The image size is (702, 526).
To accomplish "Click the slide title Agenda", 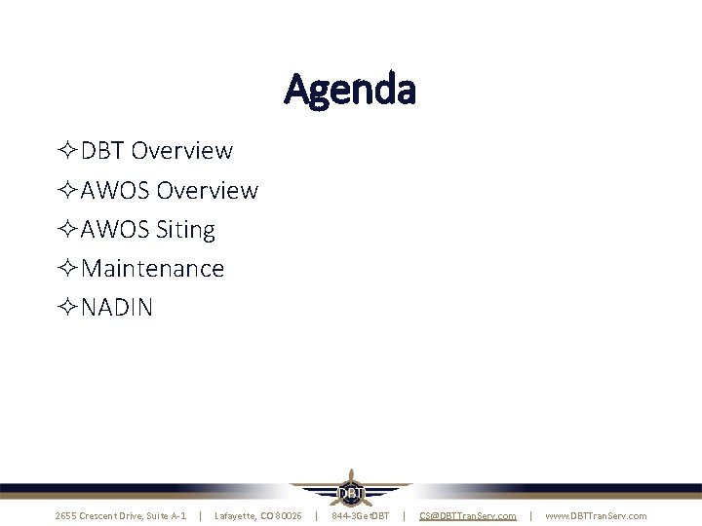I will pyautogui.click(x=350, y=90).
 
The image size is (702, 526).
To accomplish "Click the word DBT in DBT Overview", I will pyautogui.click(x=102, y=151).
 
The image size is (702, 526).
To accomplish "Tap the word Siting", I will pyautogui.click(x=185, y=230).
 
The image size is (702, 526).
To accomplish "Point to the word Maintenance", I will pyautogui.click(x=153, y=268).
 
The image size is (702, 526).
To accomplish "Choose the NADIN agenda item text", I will pyautogui.click(x=117, y=308).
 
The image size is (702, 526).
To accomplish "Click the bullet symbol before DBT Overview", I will pyautogui.click(x=67, y=151).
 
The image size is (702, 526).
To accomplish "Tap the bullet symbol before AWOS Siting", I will pyautogui.click(x=67, y=230).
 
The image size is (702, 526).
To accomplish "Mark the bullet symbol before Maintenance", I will pyautogui.click(x=67, y=269).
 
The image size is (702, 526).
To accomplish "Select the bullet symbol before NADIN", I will pyautogui.click(x=67, y=308).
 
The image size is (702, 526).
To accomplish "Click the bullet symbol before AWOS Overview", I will pyautogui.click(x=67, y=190).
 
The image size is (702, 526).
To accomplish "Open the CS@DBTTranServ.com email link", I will pyautogui.click(x=467, y=515).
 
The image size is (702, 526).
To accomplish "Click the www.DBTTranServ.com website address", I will pyautogui.click(x=596, y=515).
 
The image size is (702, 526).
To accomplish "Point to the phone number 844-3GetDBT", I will pyautogui.click(x=360, y=515).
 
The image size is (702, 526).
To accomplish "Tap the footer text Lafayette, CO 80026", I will pyautogui.click(x=257, y=515).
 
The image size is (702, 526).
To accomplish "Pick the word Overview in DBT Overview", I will pyautogui.click(x=181, y=151).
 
